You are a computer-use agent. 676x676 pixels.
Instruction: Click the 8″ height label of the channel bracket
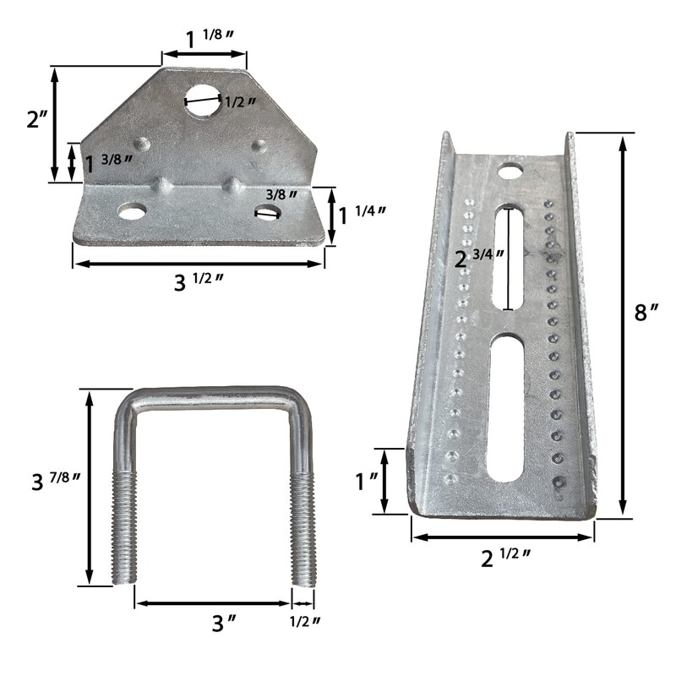coord(646,313)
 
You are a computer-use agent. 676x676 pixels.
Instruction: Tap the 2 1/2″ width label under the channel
coord(505,559)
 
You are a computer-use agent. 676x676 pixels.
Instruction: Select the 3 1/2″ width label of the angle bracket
coord(199,281)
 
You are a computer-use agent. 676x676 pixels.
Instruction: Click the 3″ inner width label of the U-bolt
coord(222,624)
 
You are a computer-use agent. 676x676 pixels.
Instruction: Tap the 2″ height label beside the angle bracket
coord(37,119)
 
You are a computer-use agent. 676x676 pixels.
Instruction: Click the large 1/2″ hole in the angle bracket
coord(204,99)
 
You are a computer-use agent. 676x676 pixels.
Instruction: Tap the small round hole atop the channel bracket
coord(509,172)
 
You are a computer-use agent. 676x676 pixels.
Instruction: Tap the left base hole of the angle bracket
coord(131,210)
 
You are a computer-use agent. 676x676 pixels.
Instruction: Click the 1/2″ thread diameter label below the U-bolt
coord(304,622)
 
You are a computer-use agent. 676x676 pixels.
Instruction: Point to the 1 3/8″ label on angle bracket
coord(108,163)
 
